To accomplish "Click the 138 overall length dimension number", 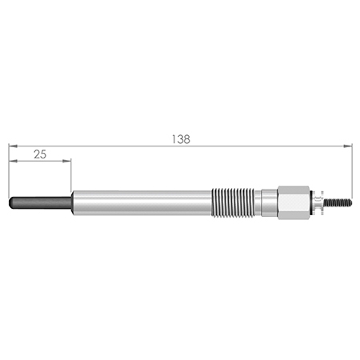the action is pyautogui.click(x=181, y=139).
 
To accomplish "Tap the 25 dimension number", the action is pyautogui.click(x=40, y=154).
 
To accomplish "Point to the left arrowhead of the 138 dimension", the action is pyautogui.click(x=13, y=146).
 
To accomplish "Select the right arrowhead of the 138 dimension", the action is pyautogui.click(x=347, y=146).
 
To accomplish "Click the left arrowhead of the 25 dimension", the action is pyautogui.click(x=14, y=161).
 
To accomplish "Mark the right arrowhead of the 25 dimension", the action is pyautogui.click(x=66, y=161).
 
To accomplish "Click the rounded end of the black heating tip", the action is pyautogui.click(x=10, y=202).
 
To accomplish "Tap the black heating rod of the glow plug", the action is pyautogui.click(x=41, y=202).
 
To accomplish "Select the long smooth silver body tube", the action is pyautogui.click(x=142, y=202).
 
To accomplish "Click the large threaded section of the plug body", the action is pyautogui.click(x=233, y=202).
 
